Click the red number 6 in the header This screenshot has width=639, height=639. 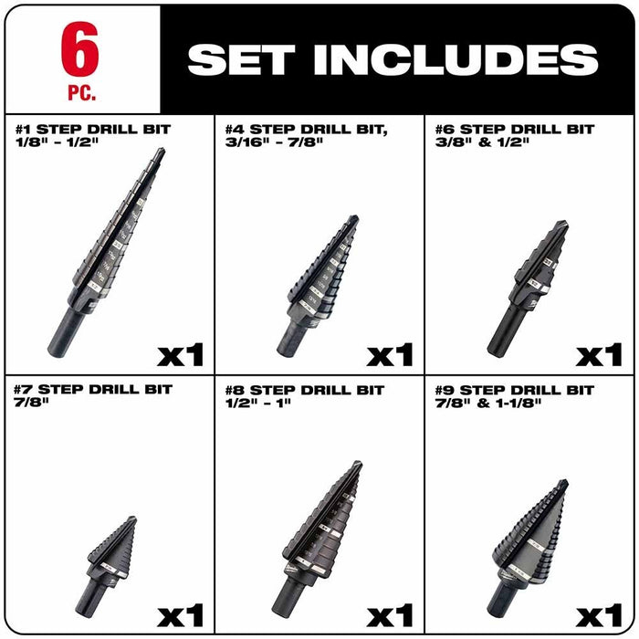coord(81,51)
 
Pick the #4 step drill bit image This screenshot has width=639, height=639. coord(319,282)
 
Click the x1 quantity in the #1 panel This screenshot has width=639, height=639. coord(180,353)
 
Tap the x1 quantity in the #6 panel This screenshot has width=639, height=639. coord(599,353)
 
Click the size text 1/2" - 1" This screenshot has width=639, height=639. coord(258,404)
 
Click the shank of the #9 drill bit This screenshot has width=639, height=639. coord(501,598)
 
